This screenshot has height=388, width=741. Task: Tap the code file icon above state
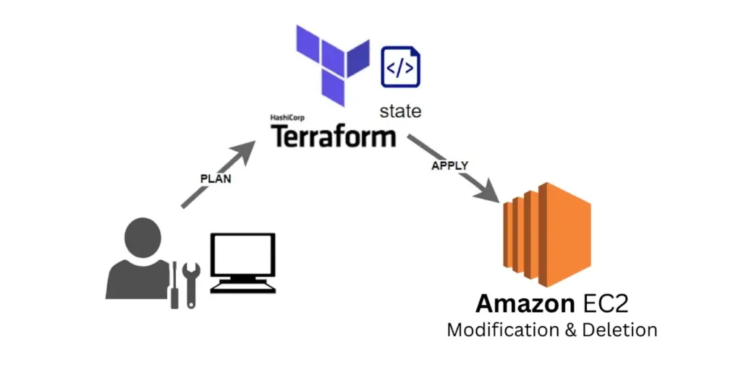click(401, 66)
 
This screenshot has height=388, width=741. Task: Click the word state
click(400, 112)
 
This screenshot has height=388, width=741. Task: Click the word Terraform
click(334, 136)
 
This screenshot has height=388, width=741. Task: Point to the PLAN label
click(216, 178)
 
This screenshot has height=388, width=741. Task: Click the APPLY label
click(449, 165)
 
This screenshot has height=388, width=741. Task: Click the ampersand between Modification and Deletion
click(571, 330)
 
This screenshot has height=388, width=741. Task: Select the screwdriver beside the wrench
click(174, 287)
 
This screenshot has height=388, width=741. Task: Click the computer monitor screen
click(242, 256)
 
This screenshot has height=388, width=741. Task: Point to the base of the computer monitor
click(242, 287)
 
